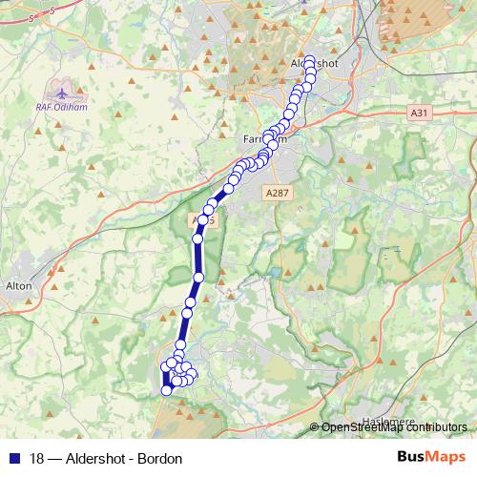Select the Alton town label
click(x=19, y=285)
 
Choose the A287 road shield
click(x=277, y=192)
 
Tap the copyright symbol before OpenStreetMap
click(x=315, y=427)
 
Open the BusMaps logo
click(x=431, y=457)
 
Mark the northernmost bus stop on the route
click(x=308, y=59)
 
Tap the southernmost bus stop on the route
click(x=166, y=389)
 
